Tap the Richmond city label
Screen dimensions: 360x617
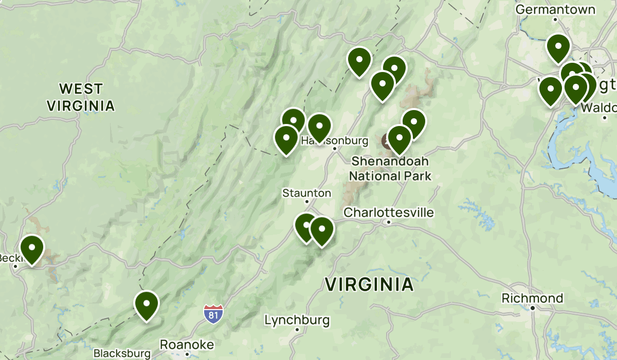coord(532,298)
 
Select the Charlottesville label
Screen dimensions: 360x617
coord(389,212)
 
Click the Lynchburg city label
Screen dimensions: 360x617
coord(297,320)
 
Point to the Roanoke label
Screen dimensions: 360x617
coord(187,344)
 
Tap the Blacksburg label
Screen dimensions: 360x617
coord(122,353)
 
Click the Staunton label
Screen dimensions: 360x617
coord(306,193)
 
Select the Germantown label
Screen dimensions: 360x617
coord(555,9)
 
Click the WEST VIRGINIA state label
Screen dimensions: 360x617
coord(81,97)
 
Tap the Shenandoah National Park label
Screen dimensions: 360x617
coord(390,169)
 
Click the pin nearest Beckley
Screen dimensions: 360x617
coord(32,249)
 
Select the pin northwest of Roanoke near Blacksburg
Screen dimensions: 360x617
coord(147,304)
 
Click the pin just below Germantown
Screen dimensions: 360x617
coord(558,47)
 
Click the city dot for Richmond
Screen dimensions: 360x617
coord(533,308)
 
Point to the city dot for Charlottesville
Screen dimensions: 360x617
coord(389,222)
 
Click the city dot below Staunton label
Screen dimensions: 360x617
coord(307,202)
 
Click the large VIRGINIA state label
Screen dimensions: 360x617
coord(369,284)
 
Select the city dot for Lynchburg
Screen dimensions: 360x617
coord(297,330)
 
